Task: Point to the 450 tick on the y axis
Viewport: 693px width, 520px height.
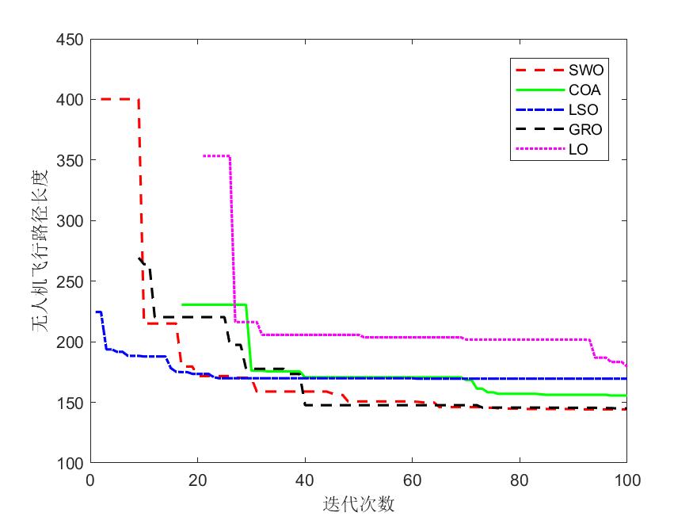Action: [x=71, y=39]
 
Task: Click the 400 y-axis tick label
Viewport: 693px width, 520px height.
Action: [x=71, y=100]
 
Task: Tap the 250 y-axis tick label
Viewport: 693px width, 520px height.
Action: [x=71, y=281]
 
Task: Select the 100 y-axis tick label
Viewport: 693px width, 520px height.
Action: [x=71, y=463]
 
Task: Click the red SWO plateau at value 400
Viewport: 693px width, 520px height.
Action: [x=115, y=99]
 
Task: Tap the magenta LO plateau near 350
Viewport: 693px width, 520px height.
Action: [x=216, y=155]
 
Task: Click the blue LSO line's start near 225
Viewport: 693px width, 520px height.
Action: [x=97, y=312]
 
